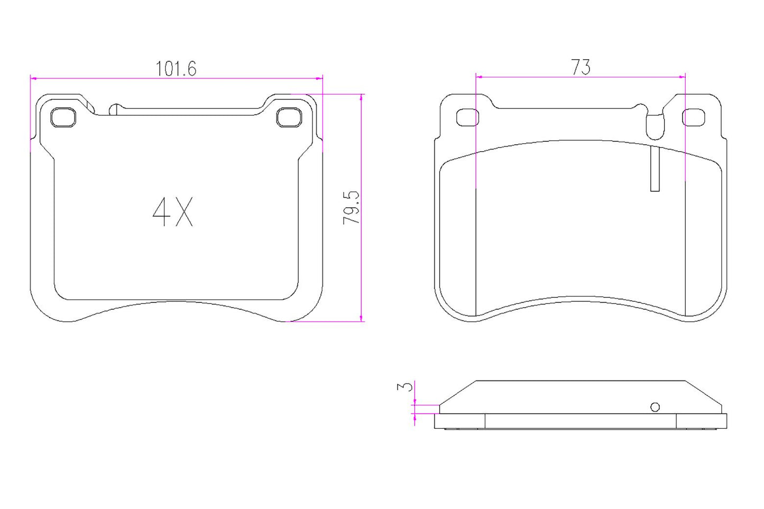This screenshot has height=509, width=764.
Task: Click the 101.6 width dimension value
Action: [176, 69]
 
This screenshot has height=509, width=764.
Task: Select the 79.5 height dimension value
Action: [351, 208]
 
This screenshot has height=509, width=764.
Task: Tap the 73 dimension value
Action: [580, 68]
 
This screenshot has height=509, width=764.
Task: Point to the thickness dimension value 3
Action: [404, 386]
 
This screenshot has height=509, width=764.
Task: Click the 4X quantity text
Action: [173, 212]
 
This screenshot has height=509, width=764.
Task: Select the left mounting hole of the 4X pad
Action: [63, 117]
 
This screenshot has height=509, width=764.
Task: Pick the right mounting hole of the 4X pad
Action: [289, 117]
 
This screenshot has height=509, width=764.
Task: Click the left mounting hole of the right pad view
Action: [467, 118]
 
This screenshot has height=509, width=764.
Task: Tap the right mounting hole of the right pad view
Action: [693, 117]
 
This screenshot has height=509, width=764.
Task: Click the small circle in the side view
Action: [655, 406]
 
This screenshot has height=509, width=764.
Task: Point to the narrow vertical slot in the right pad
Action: [655, 168]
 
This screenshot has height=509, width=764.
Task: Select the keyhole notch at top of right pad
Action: [655, 125]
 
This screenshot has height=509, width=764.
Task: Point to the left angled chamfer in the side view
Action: [458, 392]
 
